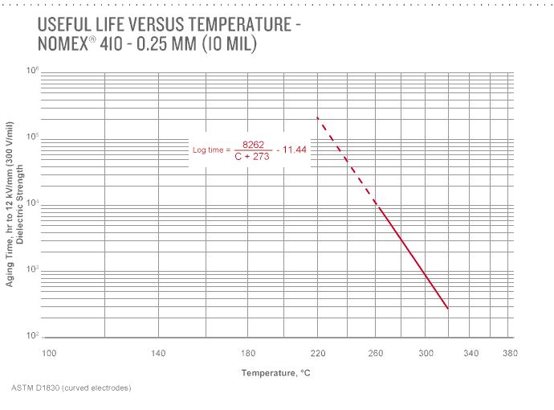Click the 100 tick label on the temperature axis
coord(50,353)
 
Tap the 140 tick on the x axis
coord(158,353)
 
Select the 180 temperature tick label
coord(249,353)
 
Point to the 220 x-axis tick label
coord(318,353)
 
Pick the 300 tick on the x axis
coord(426,353)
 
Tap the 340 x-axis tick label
coord(471,353)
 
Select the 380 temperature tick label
coord(510,353)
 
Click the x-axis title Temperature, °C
coord(276,373)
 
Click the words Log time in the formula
coord(211,150)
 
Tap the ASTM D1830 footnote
coord(71,388)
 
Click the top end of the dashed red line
coord(318,117)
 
